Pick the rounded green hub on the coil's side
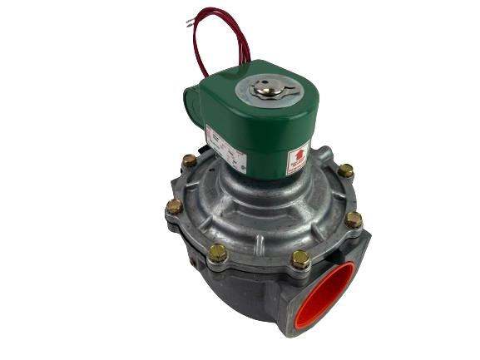(x=190, y=108)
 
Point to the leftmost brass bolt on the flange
(x=174, y=205)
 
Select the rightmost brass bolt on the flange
(x=354, y=219)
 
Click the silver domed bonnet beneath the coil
(x=266, y=208)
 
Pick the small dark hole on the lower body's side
(x=194, y=264)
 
